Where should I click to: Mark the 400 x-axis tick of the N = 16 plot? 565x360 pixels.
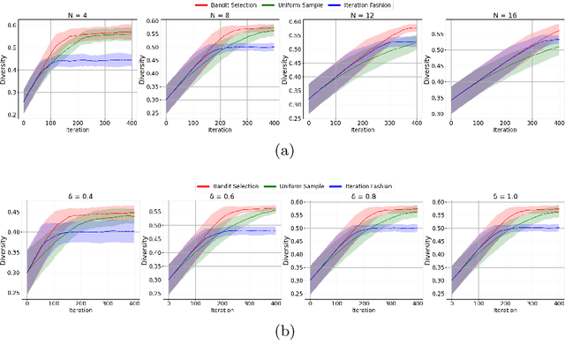554,123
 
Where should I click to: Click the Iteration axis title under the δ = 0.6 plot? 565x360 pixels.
219,311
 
